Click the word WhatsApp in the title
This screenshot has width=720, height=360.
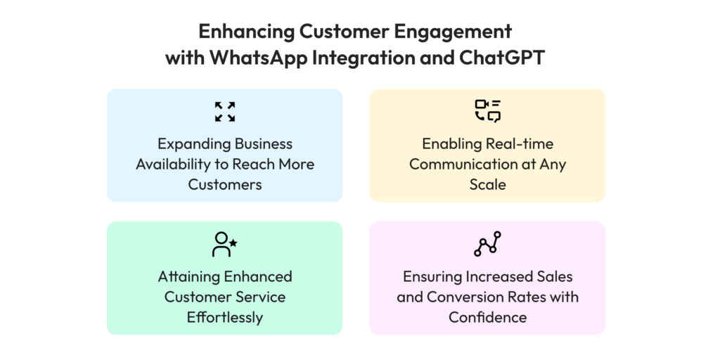tap(257, 59)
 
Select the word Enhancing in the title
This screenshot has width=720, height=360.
tap(245, 32)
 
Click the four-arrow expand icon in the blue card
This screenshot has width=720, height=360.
tap(225, 112)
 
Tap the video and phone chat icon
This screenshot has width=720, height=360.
tap(488, 111)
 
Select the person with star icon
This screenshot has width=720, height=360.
tap(224, 244)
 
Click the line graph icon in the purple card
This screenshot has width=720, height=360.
tap(487, 244)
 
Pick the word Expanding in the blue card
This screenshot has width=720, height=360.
tap(195, 144)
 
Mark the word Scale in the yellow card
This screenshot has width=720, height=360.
tap(488, 185)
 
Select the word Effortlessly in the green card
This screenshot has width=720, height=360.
tap(225, 317)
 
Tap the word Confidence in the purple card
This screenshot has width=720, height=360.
tap(488, 317)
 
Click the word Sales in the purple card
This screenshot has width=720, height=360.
tap(554, 276)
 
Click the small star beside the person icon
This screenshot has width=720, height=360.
tap(233, 243)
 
